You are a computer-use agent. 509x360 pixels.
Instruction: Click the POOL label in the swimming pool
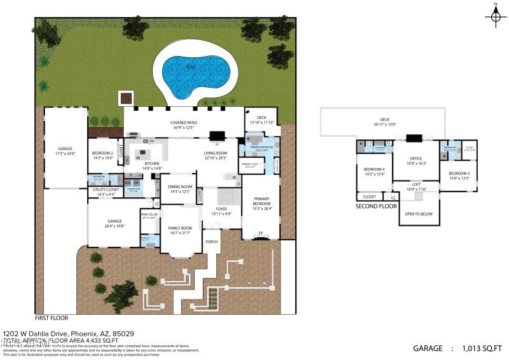pos(191,66)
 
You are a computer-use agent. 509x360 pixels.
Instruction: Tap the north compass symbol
pos(496,15)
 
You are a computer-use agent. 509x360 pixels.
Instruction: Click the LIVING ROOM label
pos(216,155)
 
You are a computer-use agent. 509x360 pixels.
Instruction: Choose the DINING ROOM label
pos(179,189)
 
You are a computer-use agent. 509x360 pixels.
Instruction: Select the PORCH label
pos(211,242)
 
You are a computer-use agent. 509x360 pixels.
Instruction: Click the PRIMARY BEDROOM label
pos(261,201)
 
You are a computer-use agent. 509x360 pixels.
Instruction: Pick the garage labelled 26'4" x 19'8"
pos(106,223)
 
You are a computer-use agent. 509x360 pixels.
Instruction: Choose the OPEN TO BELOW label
pos(420,214)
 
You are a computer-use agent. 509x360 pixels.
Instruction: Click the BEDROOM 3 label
pos(459,175)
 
